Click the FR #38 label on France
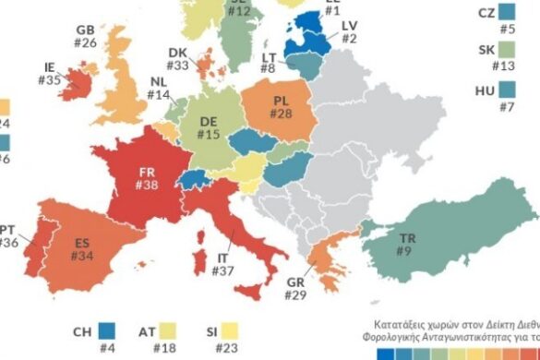tap(147, 178)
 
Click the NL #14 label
tap(159, 88)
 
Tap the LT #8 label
tap(269, 62)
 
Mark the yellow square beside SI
tap(243, 331)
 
